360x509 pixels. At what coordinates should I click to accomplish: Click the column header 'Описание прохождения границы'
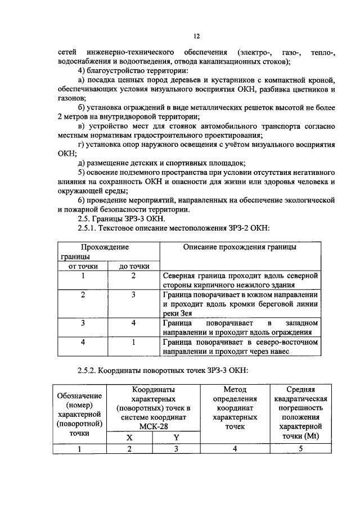[x=240, y=247]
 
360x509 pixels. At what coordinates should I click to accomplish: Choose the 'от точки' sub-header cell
[x=83, y=266]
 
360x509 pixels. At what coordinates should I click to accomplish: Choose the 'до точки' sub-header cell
[x=134, y=266]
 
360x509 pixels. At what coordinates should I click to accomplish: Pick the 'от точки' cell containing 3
[x=83, y=323]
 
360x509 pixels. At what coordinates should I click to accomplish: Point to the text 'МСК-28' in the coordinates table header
[x=152, y=427]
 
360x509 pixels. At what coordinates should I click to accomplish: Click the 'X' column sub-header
[x=129, y=437]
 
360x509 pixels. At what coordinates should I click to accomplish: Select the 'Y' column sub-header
[x=175, y=437]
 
